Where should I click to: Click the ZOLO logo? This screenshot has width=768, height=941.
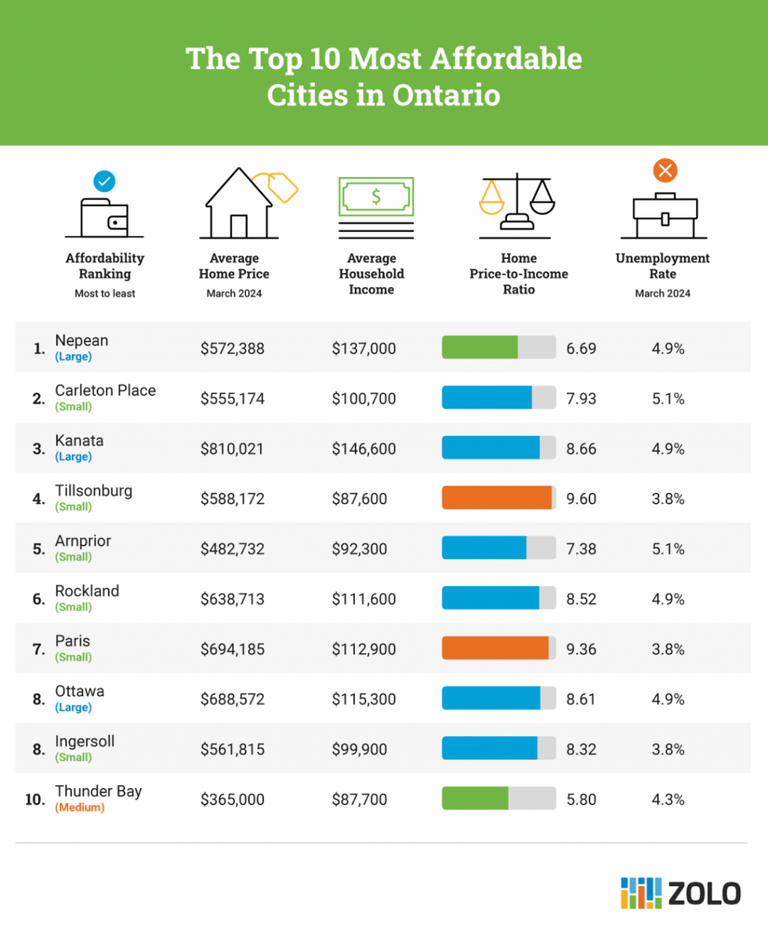click(x=680, y=893)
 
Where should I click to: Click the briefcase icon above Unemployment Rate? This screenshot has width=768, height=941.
click(x=665, y=214)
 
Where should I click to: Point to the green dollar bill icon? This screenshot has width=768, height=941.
click(x=375, y=197)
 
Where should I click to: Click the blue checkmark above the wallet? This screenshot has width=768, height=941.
click(x=104, y=181)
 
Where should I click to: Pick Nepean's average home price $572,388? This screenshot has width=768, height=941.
click(x=233, y=348)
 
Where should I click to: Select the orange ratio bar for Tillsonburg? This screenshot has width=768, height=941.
click(x=496, y=499)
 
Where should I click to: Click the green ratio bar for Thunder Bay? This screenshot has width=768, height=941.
click(x=475, y=800)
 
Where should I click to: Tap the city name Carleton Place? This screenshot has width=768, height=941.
click(x=105, y=391)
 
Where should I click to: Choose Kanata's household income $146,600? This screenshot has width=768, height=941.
click(x=364, y=449)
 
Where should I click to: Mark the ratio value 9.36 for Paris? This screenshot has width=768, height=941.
click(x=581, y=649)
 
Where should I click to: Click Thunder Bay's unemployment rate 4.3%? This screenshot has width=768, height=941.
click(x=668, y=800)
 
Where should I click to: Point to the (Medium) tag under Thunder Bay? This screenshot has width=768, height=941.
click(x=79, y=808)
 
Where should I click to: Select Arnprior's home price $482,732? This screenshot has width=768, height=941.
click(x=233, y=549)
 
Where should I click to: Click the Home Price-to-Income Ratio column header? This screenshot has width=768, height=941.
click(x=518, y=274)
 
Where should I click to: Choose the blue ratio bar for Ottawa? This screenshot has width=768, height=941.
click(x=491, y=699)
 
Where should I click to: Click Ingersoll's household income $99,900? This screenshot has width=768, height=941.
click(x=360, y=750)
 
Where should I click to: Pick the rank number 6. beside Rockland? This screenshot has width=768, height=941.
click(x=38, y=599)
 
